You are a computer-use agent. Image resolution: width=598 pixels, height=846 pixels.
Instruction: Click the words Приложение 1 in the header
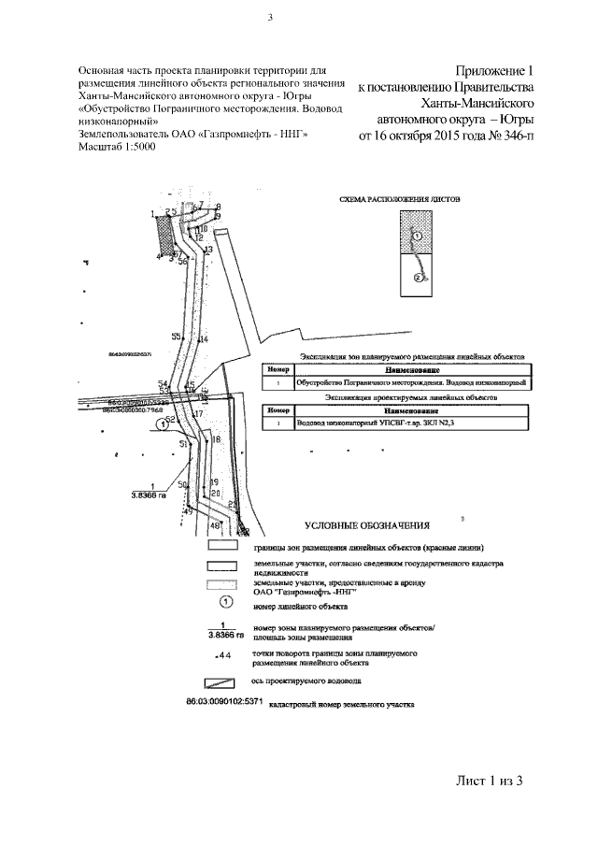tap(495, 71)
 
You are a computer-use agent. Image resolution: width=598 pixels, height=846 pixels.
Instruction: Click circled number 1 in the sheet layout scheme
tap(418, 237)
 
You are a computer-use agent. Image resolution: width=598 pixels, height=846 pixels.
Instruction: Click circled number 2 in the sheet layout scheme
tap(419, 278)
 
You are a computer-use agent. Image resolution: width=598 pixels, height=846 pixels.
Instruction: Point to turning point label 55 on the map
tap(176, 337)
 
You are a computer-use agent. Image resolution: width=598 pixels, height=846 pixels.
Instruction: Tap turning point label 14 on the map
tap(204, 338)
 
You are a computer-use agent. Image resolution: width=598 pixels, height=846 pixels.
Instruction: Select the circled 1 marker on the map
tap(163, 423)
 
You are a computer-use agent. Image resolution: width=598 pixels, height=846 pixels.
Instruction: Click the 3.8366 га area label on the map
tap(148, 495)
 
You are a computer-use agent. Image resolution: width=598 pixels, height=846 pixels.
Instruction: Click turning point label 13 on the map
tap(208, 251)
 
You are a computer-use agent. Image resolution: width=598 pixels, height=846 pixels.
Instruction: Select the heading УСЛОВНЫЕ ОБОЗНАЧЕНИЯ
tap(365, 527)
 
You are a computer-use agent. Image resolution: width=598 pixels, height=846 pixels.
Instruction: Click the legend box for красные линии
tap(223, 545)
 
